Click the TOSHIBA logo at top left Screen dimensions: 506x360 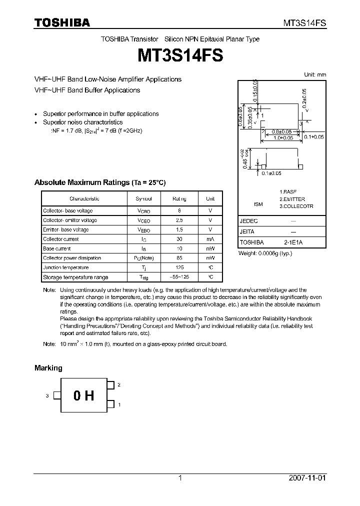(x=62, y=22)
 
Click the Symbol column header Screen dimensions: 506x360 (x=144, y=198)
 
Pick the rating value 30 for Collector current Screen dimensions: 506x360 (x=179, y=239)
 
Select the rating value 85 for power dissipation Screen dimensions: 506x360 (x=179, y=258)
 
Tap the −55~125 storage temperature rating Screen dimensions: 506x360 (x=179, y=277)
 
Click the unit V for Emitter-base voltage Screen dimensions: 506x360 (x=210, y=229)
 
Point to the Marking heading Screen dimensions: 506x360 (x=48, y=367)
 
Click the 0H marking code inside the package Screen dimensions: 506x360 (x=83, y=396)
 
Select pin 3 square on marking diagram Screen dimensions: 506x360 (x=57, y=395)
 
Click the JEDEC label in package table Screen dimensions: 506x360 (x=249, y=220)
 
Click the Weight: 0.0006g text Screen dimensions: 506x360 (x=265, y=253)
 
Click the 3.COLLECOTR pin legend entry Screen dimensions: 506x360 (x=296, y=206)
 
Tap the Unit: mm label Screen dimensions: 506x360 (x=315, y=74)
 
